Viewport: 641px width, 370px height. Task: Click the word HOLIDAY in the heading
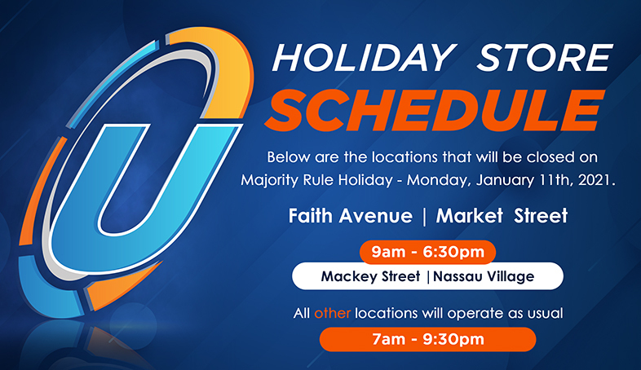tap(364, 58)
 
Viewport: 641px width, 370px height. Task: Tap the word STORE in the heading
tap(545, 58)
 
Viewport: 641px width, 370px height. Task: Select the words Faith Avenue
tap(351, 216)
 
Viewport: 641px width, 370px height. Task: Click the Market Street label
tap(502, 216)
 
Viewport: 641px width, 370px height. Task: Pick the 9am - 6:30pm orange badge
tap(427, 252)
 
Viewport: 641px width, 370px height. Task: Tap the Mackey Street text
tap(370, 276)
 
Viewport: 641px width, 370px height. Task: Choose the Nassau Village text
tap(484, 276)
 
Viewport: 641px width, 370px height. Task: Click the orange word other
tap(333, 313)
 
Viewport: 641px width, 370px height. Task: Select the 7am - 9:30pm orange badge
tap(427, 339)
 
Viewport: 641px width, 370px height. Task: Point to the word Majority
tap(269, 180)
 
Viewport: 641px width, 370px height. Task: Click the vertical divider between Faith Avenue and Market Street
tap(424, 217)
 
